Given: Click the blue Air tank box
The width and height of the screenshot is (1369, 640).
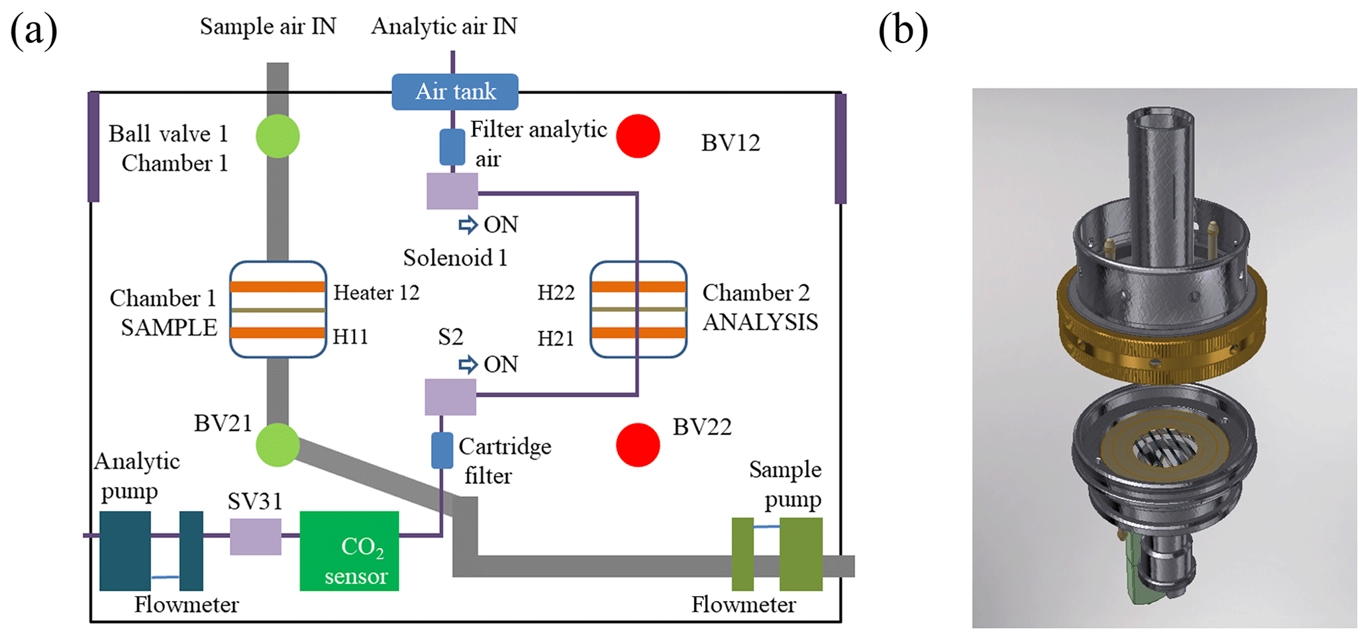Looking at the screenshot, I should point(455,91).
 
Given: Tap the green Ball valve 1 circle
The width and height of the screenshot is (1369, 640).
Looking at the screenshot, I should point(278,136).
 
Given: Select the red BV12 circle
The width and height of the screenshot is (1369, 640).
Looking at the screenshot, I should point(638,136).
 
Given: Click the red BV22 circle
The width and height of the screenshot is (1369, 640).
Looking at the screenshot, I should point(638,445).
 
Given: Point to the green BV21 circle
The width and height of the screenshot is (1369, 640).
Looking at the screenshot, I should point(278,445).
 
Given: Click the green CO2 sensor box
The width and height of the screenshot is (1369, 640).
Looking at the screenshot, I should point(349,551).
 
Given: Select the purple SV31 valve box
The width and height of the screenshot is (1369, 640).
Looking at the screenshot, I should point(255,536).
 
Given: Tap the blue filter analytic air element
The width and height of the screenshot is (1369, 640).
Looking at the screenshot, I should point(452,147).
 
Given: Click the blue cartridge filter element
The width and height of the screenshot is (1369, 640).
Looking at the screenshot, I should point(442,450).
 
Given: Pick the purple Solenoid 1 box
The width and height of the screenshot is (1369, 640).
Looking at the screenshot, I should point(452,191).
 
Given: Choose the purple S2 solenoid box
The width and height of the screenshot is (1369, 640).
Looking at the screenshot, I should point(450,396).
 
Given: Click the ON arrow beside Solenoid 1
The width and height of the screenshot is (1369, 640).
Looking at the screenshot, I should point(468,225).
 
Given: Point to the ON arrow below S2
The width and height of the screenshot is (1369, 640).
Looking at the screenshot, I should point(468,365).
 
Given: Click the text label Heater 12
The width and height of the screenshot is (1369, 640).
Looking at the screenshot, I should point(376,293).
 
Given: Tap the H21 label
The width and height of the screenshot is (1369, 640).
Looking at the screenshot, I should point(555,338).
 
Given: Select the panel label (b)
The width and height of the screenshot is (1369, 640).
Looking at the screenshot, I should point(903,30).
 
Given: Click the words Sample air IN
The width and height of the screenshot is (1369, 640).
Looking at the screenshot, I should point(268,26).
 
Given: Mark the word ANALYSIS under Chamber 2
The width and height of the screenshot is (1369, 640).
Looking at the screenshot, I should point(760,322).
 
